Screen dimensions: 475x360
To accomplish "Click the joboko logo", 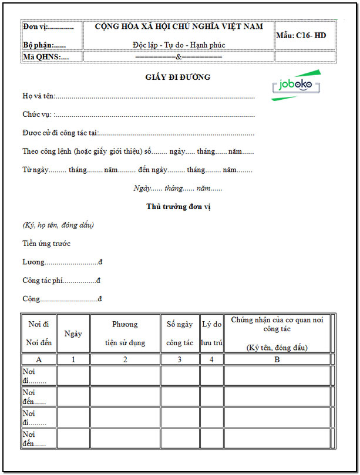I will coord(296,85).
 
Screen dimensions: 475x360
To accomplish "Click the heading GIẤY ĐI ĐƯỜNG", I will coord(178,77).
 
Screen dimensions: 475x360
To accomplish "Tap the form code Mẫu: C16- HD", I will coord(301,36).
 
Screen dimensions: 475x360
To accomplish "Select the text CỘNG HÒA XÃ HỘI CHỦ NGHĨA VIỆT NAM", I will coord(179,26).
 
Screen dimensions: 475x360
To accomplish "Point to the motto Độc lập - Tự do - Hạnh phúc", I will coord(179,45).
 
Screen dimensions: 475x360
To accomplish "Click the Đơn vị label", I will coord(48,27).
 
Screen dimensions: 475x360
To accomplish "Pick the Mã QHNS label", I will coord(45,57).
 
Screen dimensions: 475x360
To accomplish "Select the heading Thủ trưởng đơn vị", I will coord(178,206).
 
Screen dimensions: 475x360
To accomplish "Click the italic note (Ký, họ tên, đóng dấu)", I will coord(58,225).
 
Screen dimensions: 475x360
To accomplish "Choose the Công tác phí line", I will coord(62,281).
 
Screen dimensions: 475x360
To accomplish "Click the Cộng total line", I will coord(62,299).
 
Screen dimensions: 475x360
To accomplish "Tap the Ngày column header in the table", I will coord(73,333).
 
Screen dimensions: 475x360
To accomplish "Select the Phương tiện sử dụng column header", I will coord(125,333).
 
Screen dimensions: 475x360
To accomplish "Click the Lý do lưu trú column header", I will coord(211,333).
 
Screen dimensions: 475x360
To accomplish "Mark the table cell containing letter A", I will coord(39,359).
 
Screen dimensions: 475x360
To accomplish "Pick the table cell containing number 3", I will coord(180,359).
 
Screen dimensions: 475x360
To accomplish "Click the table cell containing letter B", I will coord(277,359).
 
